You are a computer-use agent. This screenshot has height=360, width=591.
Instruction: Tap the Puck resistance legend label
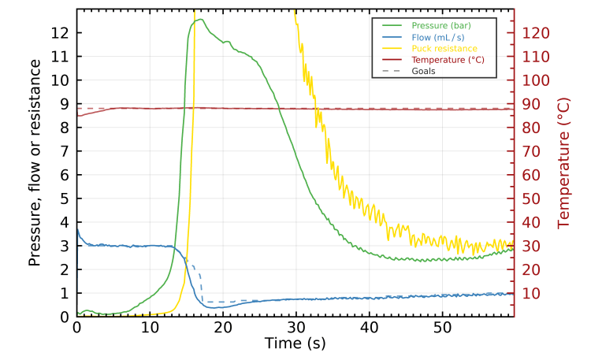(x=444, y=48)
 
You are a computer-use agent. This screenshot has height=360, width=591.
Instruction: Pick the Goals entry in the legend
(x=423, y=70)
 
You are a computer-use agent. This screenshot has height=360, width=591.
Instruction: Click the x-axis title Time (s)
(x=295, y=344)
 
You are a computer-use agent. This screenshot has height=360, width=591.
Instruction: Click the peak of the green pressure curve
(x=201, y=20)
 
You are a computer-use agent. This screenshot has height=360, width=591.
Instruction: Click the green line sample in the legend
(x=390, y=26)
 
